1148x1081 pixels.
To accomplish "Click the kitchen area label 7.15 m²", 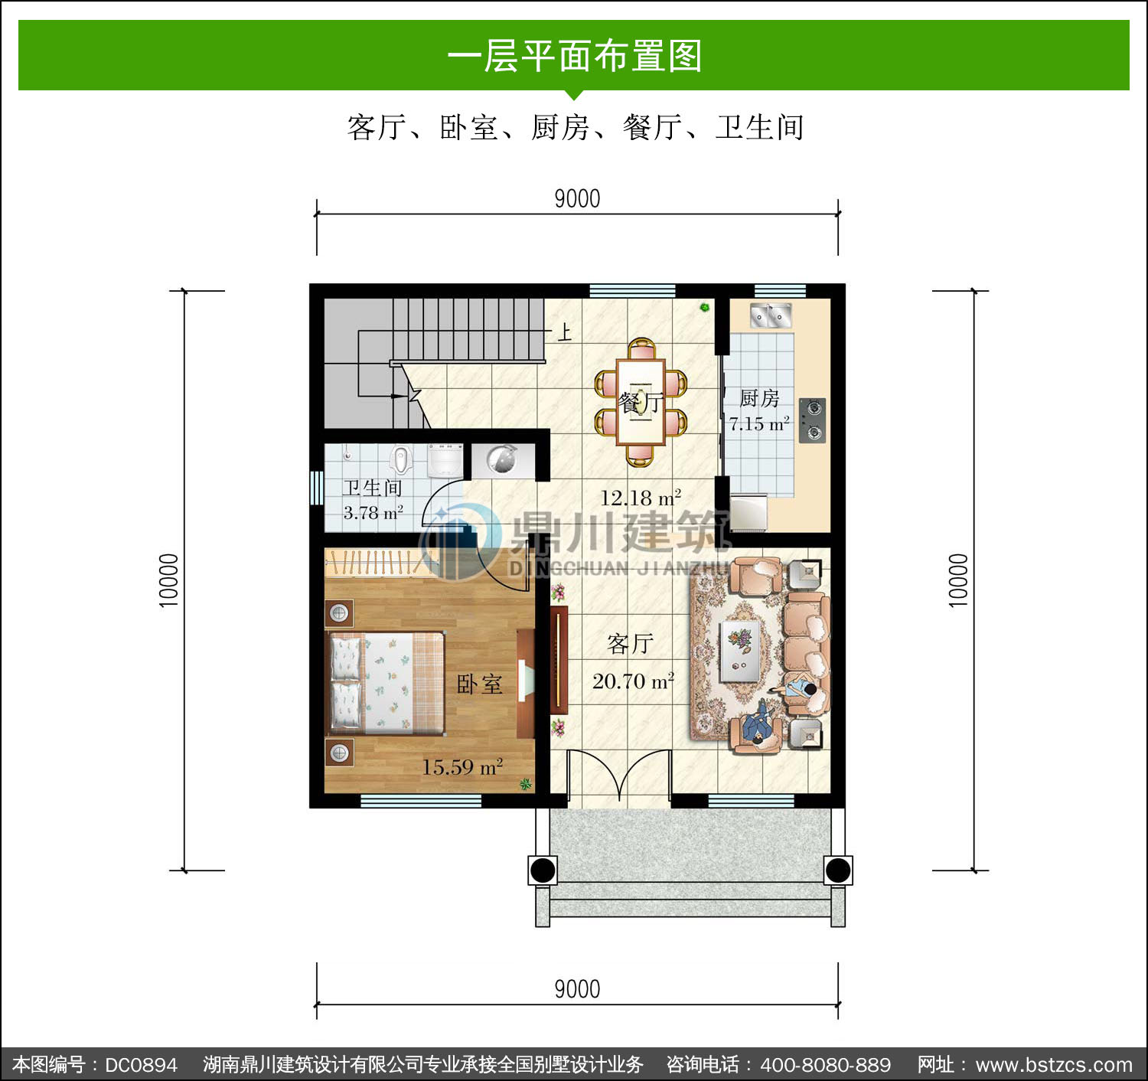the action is click(759, 423).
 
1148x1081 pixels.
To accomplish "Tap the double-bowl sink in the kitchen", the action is click(771, 315).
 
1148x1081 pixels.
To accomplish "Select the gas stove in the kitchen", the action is click(812, 420).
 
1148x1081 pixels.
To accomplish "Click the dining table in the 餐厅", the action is click(641, 402).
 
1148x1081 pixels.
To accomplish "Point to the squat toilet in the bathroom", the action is click(400, 459).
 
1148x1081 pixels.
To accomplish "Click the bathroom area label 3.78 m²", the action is click(373, 512).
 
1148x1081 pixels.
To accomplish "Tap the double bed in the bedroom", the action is click(386, 683).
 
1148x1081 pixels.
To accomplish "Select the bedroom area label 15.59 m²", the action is click(461, 767).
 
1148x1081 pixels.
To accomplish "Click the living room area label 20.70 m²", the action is click(633, 681).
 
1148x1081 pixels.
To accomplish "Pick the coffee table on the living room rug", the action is click(740, 651).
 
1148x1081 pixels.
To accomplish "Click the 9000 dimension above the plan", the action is click(577, 199).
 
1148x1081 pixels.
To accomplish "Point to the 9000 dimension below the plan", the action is click(577, 990).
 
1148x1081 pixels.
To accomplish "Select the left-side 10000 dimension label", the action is click(169, 580).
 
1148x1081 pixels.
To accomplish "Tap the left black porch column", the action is click(542, 870).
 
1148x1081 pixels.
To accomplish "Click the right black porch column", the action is click(837, 870).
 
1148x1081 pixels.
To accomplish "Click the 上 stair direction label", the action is click(564, 332).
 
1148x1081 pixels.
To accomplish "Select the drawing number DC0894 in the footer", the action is click(141, 1064).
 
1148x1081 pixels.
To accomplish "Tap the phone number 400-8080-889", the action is click(826, 1064).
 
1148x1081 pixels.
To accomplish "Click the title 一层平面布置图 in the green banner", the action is click(575, 56).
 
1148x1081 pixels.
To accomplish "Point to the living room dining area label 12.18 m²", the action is click(641, 498).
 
